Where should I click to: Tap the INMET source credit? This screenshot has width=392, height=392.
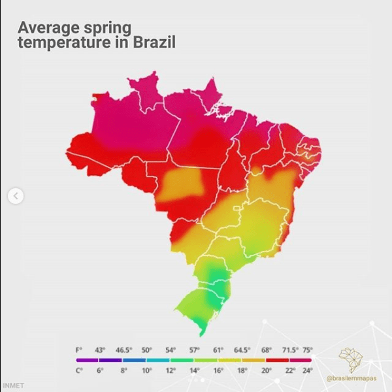click(x=13, y=385)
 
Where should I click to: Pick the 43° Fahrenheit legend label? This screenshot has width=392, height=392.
click(x=100, y=350)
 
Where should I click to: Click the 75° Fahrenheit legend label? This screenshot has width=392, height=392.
click(x=307, y=350)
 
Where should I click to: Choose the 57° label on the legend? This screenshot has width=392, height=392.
click(x=194, y=350)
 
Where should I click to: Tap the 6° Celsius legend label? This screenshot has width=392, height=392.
click(x=100, y=370)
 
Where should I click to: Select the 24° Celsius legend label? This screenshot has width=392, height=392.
click(x=307, y=370)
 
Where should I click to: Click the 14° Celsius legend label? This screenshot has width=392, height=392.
click(x=194, y=370)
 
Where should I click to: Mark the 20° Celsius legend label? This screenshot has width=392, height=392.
click(x=266, y=370)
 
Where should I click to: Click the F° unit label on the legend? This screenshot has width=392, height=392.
click(x=80, y=350)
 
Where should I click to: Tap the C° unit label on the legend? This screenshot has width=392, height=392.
click(x=80, y=370)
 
